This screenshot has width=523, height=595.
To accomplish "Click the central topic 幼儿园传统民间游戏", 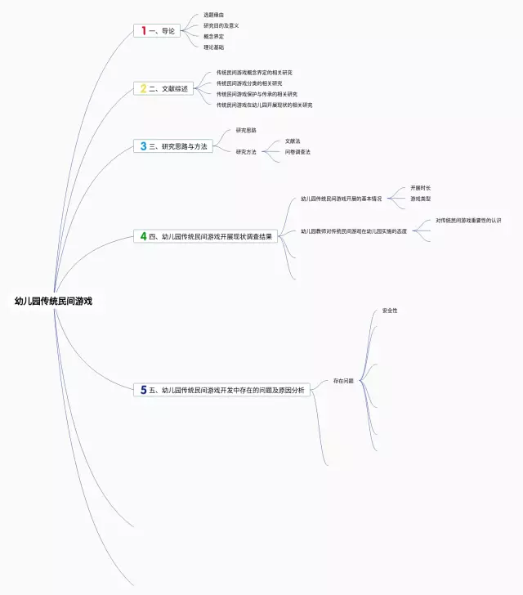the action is pos(54,301).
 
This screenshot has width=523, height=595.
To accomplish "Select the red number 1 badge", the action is pos(144,30).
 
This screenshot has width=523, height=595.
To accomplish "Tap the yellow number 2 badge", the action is pos(143,88).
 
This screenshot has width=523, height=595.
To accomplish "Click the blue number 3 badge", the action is pos(143,146).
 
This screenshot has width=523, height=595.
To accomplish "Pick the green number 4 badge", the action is pos(143,236).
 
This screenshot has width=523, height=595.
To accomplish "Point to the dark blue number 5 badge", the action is pos(143,391).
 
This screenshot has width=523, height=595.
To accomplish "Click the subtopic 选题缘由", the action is pos(214,15).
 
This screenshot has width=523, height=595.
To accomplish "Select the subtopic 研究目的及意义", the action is pos(221,25).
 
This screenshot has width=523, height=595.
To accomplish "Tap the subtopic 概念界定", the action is pos(213,36).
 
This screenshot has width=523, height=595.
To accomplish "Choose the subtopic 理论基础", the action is pos(213,47).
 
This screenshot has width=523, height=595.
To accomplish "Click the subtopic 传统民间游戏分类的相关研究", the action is pos(249,83).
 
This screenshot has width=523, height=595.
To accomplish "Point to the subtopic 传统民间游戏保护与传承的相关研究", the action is pos(257,94).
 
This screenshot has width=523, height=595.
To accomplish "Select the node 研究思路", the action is pos(246,130).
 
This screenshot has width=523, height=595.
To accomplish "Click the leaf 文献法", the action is pos(293,141).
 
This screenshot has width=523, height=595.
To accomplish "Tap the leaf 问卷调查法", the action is pos(297,152).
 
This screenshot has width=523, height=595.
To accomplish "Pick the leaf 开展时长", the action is pos(420,188).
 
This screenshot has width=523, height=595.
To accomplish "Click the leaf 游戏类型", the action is pos(420,199).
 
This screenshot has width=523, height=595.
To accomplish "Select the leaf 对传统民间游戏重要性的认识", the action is pos(468,221).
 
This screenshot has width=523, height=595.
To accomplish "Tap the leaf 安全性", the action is pos(390,311).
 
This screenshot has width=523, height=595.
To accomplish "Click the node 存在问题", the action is pos(343,382).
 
